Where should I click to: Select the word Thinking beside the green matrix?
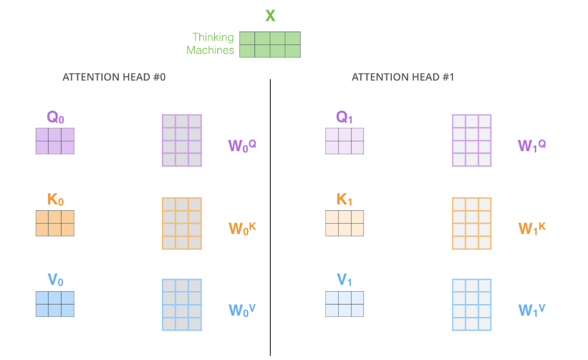coord(213,38)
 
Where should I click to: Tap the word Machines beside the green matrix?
coord(210,50)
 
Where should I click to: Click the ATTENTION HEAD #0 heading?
coord(114,77)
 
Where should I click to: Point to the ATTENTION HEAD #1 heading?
coord(403,77)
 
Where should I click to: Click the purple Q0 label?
coord(55,118)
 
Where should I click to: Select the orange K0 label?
coord(55,200)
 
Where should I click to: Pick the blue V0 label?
coord(55,280)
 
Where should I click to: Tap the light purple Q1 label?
coord(344,118)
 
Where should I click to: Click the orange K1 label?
coord(344,200)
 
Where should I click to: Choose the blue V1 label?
coord(344,280)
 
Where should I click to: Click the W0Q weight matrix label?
coord(242,145)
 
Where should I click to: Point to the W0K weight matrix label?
coord(242,228)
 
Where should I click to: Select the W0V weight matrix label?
coord(242,310)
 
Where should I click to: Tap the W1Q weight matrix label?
coord(531,145)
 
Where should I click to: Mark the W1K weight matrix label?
coord(531,228)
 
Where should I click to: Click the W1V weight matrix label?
coord(531,310)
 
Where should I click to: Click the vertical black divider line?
coord(270,219)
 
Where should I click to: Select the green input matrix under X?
coord(270,44)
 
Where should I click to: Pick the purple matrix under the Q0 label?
coord(55,141)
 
